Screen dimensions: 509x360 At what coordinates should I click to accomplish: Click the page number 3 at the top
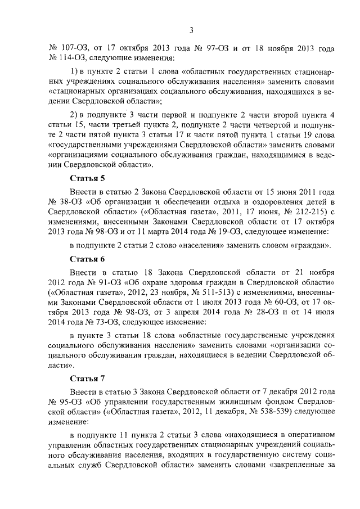pos(191,30)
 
